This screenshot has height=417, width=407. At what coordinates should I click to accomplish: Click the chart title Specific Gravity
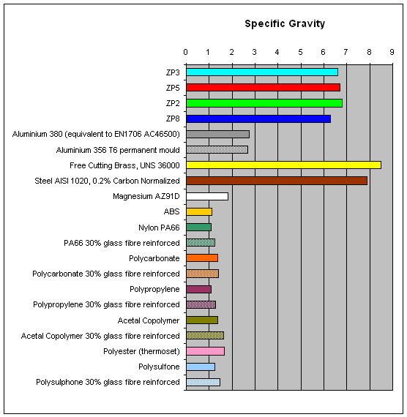285,24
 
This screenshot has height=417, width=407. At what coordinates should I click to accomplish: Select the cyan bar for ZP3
262,72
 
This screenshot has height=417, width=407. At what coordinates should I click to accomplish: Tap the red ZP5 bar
263,88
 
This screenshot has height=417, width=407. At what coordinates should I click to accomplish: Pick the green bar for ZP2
264,103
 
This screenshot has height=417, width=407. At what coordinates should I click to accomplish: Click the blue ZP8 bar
258,119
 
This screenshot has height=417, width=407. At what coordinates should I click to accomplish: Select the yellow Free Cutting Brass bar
283,165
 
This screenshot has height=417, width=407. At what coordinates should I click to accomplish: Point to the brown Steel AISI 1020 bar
277,181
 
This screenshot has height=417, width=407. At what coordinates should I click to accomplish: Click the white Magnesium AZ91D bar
207,196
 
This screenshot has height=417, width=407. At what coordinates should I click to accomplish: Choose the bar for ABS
199,212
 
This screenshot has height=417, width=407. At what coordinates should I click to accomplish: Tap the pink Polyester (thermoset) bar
205,351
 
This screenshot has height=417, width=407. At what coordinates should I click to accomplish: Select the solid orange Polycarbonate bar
202,258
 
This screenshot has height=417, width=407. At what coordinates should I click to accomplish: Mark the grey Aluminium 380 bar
217,135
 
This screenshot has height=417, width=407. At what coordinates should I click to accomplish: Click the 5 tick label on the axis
300,52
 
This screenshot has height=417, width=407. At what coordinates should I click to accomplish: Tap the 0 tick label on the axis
185,52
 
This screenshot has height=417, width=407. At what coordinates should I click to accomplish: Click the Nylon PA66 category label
159,228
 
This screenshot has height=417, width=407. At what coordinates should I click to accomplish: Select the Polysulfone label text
159,367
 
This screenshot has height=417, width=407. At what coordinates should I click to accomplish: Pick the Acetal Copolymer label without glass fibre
149,320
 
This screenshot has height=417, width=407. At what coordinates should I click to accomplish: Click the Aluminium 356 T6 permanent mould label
118,150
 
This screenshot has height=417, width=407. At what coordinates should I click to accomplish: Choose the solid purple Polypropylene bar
199,290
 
